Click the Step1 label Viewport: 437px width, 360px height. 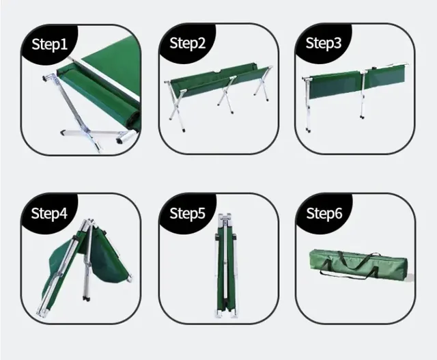[50, 44]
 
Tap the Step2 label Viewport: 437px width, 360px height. [187, 43]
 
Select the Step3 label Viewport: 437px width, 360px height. [324, 43]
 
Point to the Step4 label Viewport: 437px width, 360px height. [49, 213]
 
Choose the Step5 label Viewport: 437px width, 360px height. [187, 213]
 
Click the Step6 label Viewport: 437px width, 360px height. [324, 213]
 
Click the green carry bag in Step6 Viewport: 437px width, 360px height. [358, 264]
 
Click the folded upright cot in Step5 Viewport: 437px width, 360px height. [225, 266]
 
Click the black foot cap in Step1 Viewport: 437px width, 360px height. [120, 141]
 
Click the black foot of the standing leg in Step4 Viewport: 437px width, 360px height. [86, 299]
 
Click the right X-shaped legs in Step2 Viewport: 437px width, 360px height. [262, 83]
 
